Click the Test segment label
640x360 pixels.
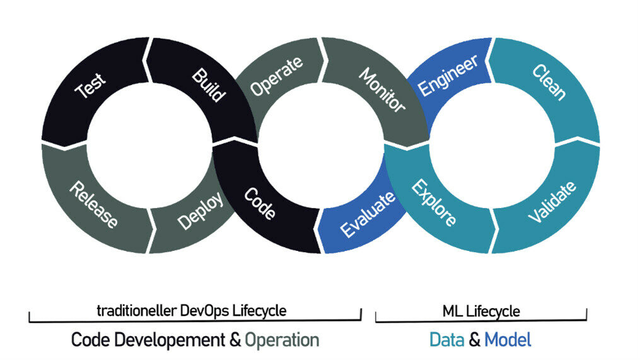click(x=90, y=86)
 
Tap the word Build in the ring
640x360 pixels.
click(x=209, y=85)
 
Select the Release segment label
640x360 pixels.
click(x=93, y=204)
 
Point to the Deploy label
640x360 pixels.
click(x=201, y=211)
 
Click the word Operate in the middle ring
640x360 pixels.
click(x=277, y=76)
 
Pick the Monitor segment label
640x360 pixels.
click(x=382, y=90)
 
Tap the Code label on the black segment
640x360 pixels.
click(x=260, y=203)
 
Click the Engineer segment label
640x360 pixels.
click(x=448, y=76)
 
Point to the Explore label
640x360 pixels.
click(x=433, y=203)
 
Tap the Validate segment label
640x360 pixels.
click(x=552, y=202)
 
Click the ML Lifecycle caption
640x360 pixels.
click(x=481, y=312)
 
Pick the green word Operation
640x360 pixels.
click(x=282, y=340)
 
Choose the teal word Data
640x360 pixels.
click(x=447, y=340)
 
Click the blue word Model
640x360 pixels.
click(x=508, y=340)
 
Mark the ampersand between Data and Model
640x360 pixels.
click(x=474, y=340)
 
